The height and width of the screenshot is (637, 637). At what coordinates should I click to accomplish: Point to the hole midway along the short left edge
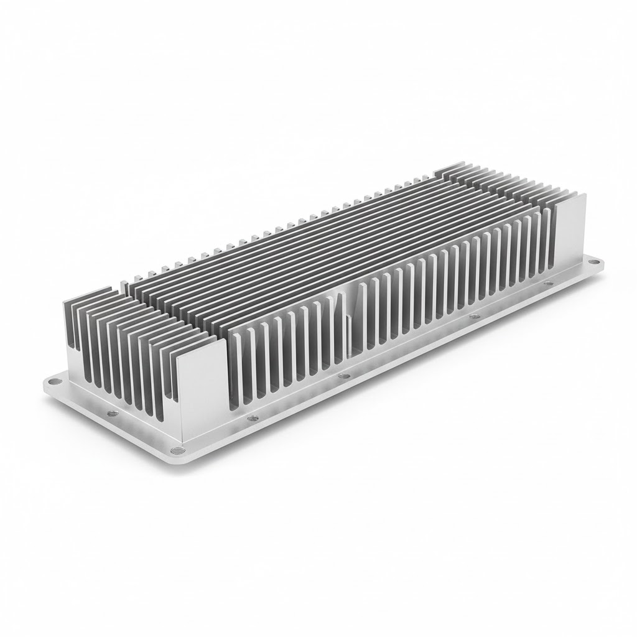(111, 413)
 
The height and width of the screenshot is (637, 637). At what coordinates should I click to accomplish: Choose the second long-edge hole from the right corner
(474, 317)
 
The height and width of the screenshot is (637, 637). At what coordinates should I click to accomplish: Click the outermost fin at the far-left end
(70, 323)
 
